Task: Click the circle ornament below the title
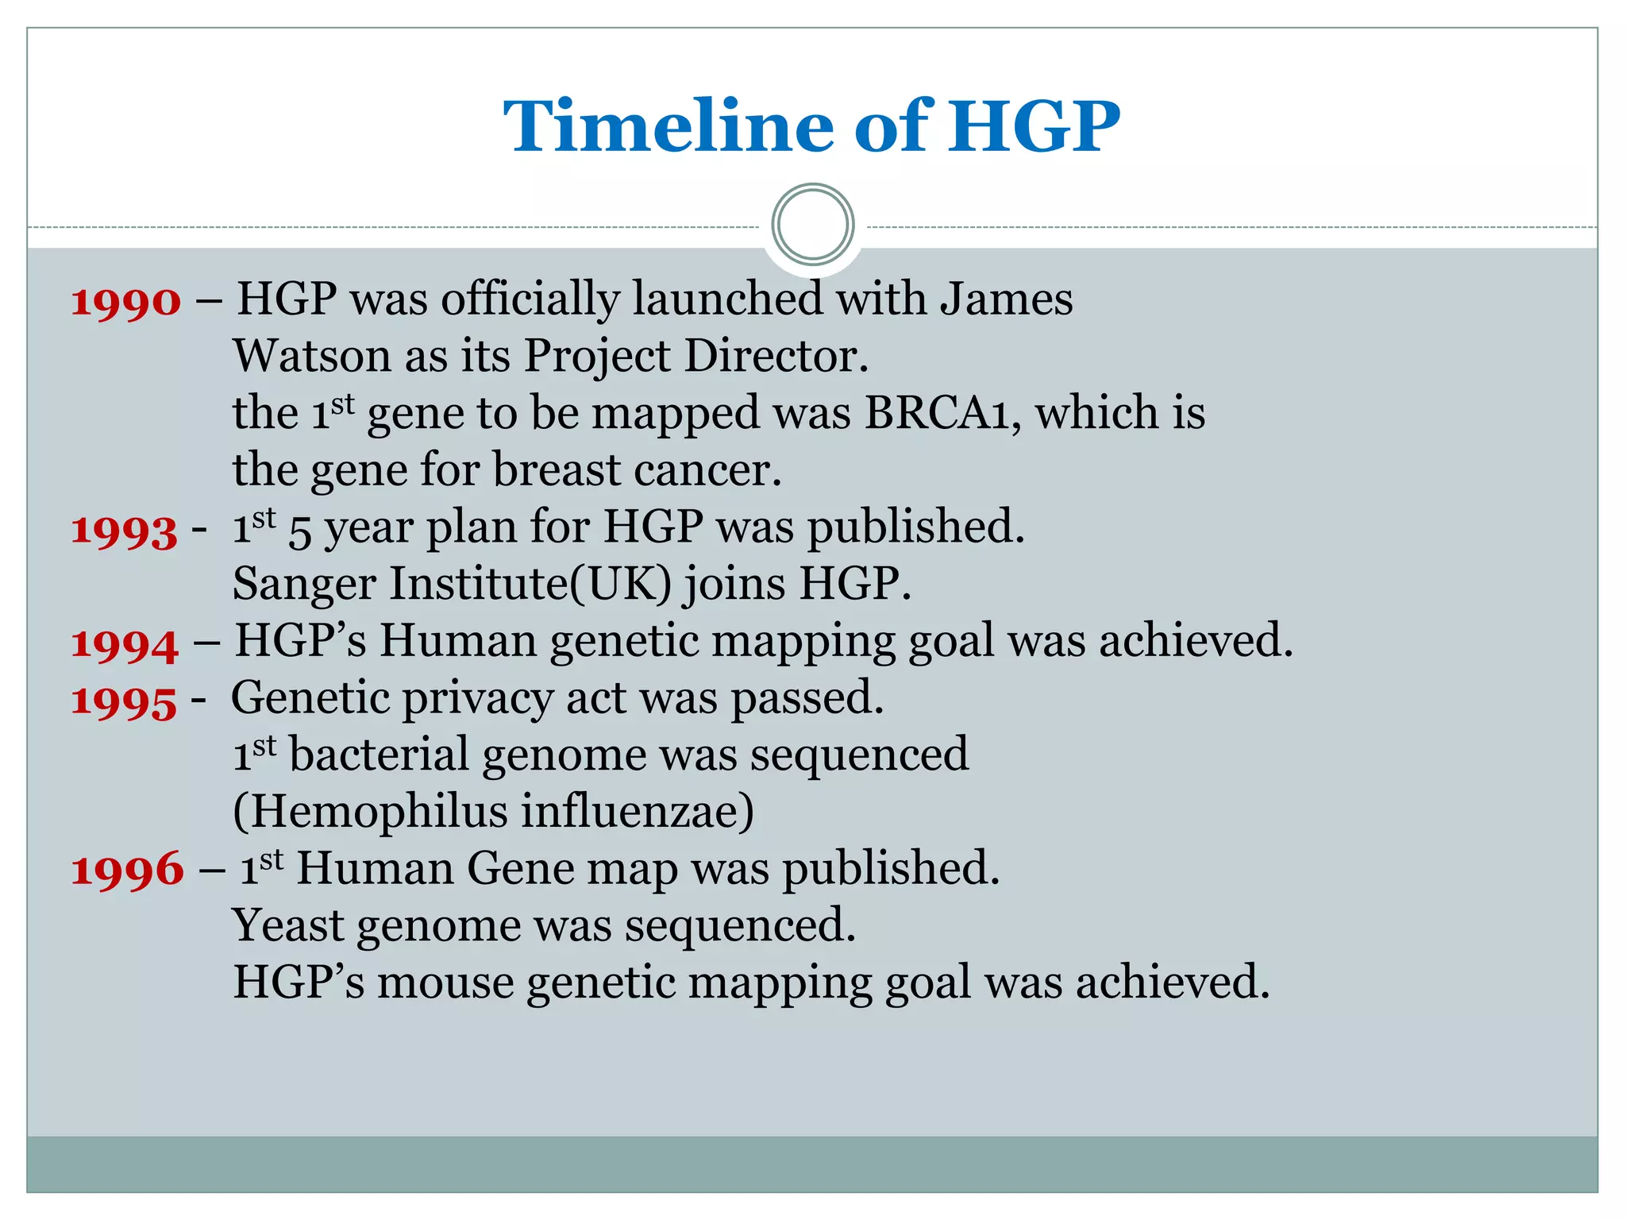812,224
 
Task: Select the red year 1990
126,303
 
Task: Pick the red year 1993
124,531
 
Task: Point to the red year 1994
125,644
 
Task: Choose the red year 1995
124,701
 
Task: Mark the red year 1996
127,871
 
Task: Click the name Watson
311,356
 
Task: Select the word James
1006,299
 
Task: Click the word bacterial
379,755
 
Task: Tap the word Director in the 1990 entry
776,356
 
